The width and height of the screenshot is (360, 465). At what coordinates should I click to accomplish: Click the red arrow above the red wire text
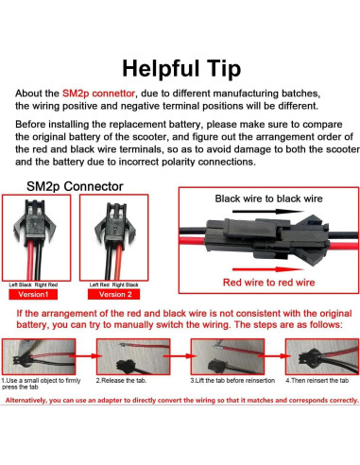point(267,266)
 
